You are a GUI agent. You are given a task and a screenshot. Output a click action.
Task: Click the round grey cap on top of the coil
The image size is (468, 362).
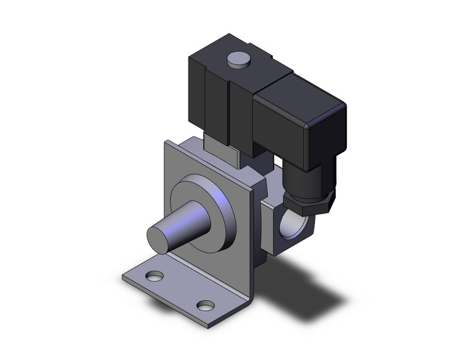[x=238, y=59]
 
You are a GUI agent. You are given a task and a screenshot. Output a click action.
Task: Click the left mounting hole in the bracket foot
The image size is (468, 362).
[x=155, y=276]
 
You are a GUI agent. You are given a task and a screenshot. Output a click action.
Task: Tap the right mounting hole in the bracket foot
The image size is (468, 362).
[x=206, y=305]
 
